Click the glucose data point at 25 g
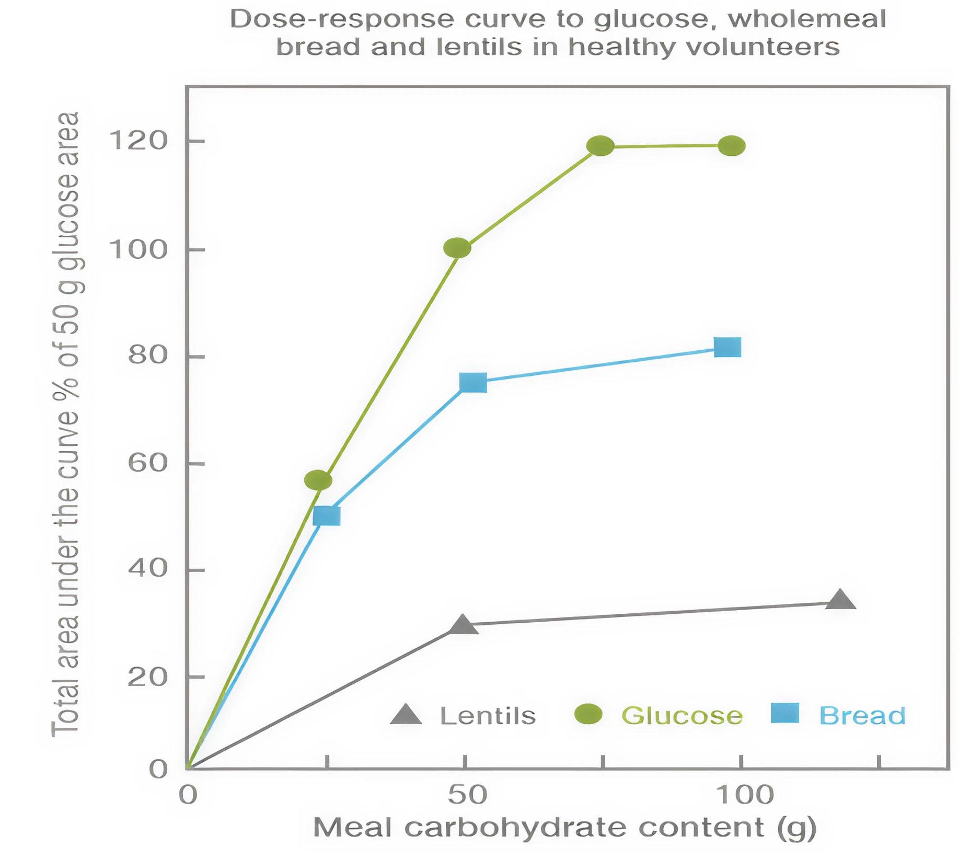[318, 479]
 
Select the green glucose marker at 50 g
[457, 248]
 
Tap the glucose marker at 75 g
[600, 145]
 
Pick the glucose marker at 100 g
[731, 145]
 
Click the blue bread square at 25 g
[327, 516]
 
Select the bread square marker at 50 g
[473, 383]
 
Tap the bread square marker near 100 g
[727, 347]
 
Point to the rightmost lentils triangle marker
[840, 601]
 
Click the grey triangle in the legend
[406, 715]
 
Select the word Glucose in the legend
[681, 715]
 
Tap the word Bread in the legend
[862, 715]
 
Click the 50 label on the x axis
[467, 795]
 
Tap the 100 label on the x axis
[744, 795]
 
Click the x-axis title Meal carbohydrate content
[564, 828]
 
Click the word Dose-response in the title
[342, 20]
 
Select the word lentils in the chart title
[479, 47]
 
